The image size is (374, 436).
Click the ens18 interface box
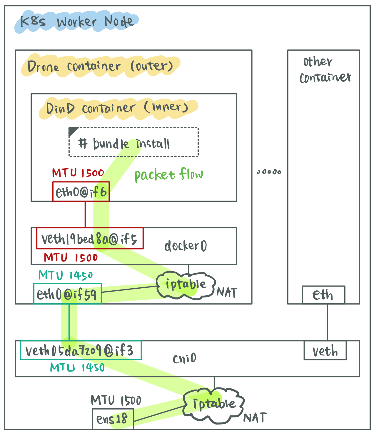click(113, 419)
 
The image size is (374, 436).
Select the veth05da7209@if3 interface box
click(81, 350)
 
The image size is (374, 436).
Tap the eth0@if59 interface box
click(67, 294)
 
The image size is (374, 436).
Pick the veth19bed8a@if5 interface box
click(90, 239)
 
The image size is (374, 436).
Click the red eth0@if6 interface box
click(81, 192)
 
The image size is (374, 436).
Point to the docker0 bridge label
click(186, 246)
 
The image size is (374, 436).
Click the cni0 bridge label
click(184, 358)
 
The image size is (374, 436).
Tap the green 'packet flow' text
click(169, 174)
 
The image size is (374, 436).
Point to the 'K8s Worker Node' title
click(77, 22)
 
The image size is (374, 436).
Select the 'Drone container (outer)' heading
click(100, 66)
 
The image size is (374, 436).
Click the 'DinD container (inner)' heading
click(117, 108)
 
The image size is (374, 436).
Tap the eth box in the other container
click(323, 295)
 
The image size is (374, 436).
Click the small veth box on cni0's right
click(325, 351)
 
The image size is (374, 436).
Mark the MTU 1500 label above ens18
click(116, 400)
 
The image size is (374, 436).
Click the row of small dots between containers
click(269, 172)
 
